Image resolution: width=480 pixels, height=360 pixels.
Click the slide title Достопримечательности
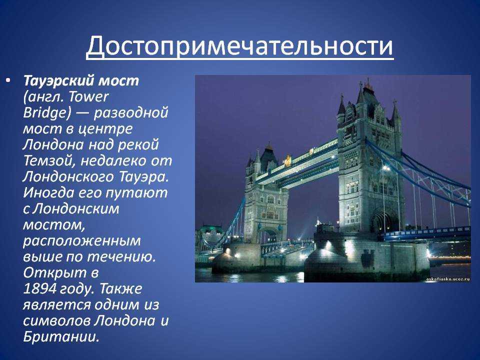239,46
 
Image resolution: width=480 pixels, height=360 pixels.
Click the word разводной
130,113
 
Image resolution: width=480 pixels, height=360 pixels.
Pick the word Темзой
49,161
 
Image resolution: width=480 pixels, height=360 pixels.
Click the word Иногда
48,193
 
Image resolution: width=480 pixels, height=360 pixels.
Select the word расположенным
81,241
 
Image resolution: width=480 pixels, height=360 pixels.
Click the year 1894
40,288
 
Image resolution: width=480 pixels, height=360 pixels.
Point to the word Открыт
55,273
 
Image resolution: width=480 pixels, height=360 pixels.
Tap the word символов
56,321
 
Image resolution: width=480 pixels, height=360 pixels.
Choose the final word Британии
61,336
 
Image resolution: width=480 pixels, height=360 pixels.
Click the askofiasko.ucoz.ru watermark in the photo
448,279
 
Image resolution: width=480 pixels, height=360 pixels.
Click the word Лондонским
75,209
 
